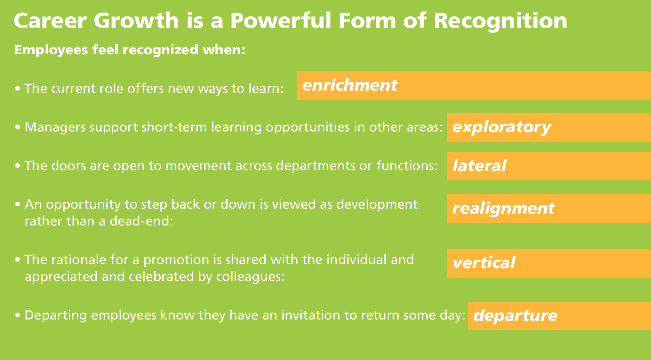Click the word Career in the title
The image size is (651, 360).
coord(50,21)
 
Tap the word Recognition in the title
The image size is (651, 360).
coord(500,21)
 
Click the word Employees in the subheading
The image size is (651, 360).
coord(51,50)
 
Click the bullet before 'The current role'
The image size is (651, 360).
coord(18,88)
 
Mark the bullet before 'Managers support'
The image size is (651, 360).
coord(18,127)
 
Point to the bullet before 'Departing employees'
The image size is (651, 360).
coord(18,315)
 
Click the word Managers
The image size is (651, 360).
coord(55,127)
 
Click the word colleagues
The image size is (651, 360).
coord(250,277)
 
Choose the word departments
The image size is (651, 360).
coord(315,166)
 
